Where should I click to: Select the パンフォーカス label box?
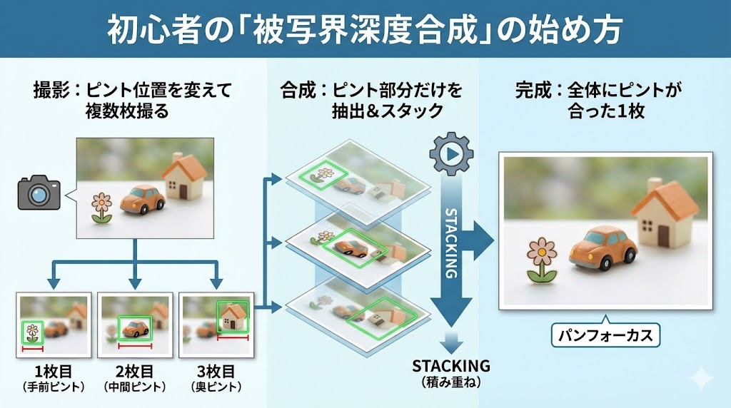(605, 335)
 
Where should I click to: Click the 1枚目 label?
(54, 372)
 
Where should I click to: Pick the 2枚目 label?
(134, 372)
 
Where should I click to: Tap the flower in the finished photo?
(543, 258)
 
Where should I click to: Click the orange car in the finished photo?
(603, 249)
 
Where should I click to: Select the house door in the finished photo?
(663, 235)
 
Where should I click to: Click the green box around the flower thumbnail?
(32, 332)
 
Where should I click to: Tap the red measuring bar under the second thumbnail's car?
(135, 346)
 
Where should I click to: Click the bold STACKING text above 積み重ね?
(451, 366)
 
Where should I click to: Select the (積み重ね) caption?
(451, 382)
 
